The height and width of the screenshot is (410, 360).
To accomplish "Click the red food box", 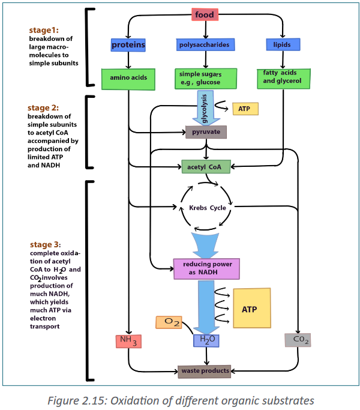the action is coord(205,14).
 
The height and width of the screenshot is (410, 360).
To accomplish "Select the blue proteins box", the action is coord(128,44).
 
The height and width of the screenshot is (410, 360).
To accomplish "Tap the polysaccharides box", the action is coord(205,44).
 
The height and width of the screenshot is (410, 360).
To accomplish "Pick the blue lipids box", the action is coord(283,44).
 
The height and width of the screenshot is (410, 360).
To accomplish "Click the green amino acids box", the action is coord(128,79).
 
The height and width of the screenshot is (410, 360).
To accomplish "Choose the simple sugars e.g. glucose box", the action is coord(206,79).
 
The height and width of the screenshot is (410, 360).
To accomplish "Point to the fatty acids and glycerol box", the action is coord(284,79).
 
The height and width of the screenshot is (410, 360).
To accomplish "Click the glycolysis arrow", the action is coord(206,107).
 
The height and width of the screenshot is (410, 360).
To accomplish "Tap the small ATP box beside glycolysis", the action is coord(245,109).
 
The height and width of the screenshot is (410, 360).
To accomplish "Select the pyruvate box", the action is coord(206,132).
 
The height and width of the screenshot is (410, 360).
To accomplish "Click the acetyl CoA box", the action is coord(206,166).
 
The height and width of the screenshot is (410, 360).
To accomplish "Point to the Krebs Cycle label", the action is coord(208,208).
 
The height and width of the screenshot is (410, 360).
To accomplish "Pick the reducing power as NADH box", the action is coord(206,269).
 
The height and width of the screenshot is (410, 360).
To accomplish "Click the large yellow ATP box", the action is coord(252,308).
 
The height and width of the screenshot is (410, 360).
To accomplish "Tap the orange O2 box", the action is coord(169,322).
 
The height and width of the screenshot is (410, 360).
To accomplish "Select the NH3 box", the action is coord(128,341).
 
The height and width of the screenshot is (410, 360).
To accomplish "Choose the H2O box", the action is coord(206,340).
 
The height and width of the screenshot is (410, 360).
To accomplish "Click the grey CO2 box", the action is coord(298,340).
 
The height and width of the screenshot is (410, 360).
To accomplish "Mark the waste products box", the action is coord(205,372).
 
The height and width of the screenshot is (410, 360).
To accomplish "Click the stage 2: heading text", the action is coord(43,107).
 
